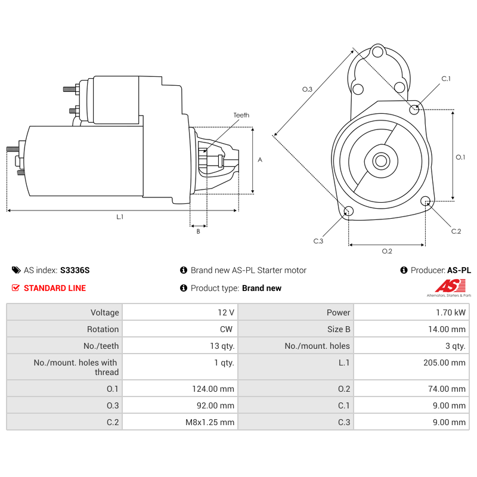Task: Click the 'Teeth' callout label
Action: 241,115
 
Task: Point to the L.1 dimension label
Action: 120,217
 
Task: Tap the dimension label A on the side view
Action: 259,160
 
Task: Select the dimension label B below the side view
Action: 198,231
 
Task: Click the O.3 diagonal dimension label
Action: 307,89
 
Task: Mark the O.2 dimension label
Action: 387,251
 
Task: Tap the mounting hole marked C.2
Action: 426,202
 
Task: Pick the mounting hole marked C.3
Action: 349,212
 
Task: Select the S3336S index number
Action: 75,270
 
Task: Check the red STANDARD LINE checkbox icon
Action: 16,288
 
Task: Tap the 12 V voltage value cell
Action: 180,312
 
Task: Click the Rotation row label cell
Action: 64,329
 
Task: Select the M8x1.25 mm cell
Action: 180,422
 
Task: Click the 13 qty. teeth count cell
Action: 180,346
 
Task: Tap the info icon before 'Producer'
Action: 404,270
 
